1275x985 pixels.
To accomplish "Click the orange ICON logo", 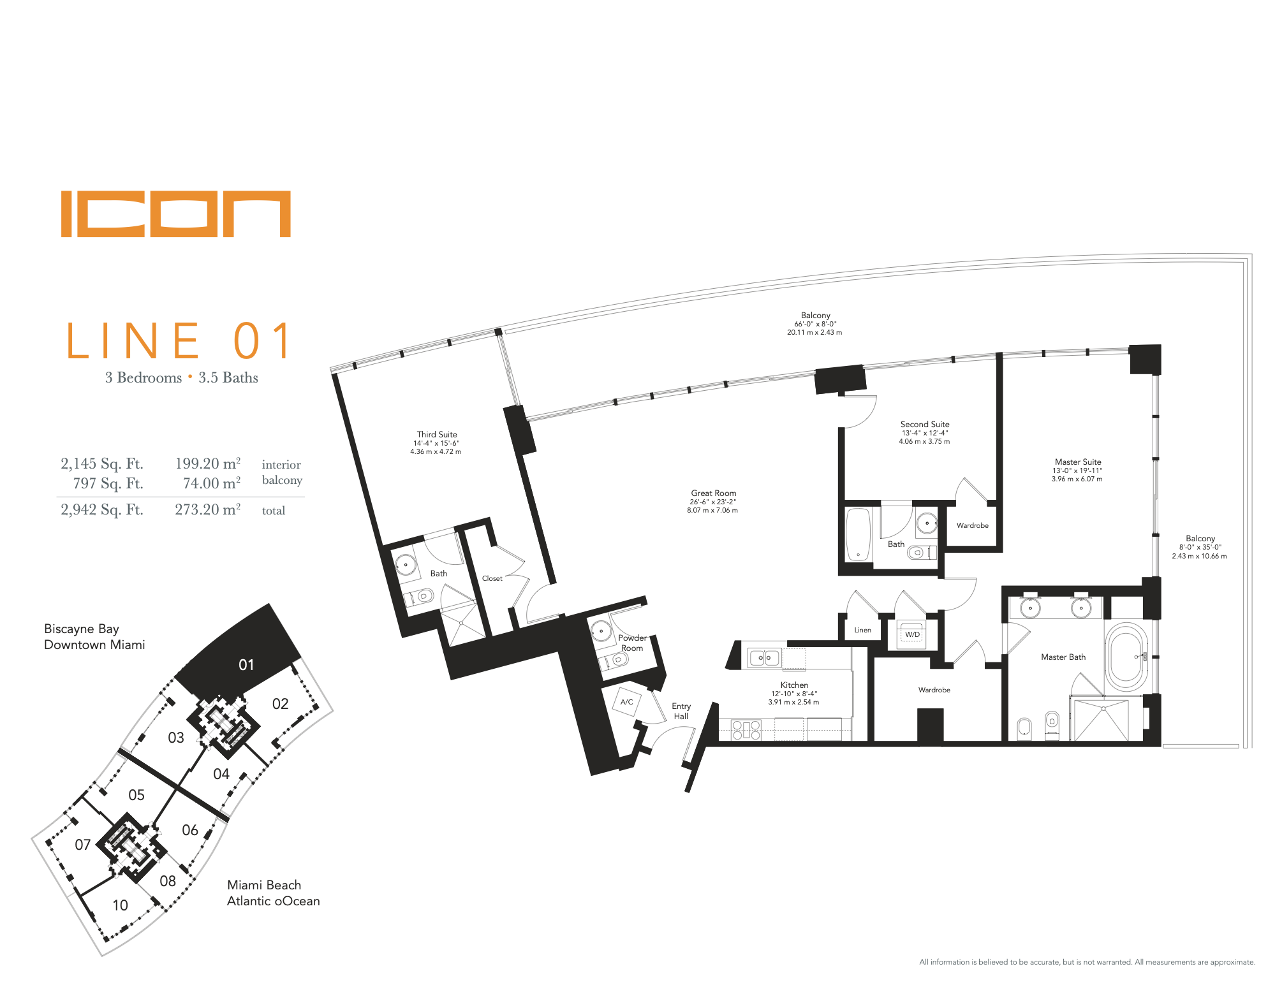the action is (x=176, y=214).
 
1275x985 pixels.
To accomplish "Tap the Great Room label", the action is (x=713, y=493).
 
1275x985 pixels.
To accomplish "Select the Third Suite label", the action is (x=437, y=434).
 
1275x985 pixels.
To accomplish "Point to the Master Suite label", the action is (x=1078, y=462).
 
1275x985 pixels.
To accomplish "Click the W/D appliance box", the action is (x=912, y=635).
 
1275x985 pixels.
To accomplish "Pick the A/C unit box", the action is (x=627, y=702).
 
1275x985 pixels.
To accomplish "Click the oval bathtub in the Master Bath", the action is (x=1126, y=657).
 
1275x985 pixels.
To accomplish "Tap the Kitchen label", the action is (x=794, y=685).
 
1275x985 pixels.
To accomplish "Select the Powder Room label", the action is (x=632, y=643).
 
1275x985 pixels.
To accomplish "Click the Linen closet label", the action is (x=862, y=630).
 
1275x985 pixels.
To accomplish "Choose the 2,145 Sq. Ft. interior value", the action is (x=102, y=463).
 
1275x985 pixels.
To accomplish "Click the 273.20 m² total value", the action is (x=208, y=509).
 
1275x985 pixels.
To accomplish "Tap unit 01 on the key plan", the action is (x=246, y=665).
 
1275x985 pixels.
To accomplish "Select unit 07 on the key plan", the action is (x=83, y=845).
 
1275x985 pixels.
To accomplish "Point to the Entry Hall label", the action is (x=681, y=711).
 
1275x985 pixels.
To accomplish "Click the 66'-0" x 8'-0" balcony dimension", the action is (x=815, y=324).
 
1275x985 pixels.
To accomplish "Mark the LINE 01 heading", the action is (x=179, y=341).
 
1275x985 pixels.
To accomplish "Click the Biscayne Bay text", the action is (x=82, y=629).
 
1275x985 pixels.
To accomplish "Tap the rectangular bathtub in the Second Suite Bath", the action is (x=859, y=534).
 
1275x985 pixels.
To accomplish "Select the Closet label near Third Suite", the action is (x=492, y=578).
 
